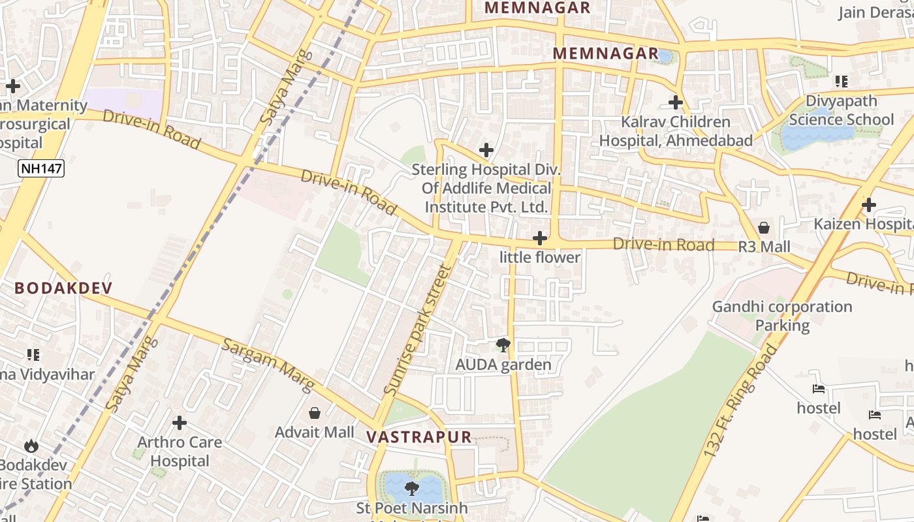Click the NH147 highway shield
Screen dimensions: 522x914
(41, 169)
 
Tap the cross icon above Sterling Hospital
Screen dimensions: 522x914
(486, 150)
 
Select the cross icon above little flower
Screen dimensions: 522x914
(539, 238)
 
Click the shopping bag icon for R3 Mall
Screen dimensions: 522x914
(764, 228)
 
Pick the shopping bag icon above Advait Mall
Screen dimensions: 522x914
(315, 413)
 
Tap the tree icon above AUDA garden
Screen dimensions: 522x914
(503, 345)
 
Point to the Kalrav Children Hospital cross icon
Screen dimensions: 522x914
(676, 102)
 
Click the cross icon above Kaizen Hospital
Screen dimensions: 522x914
(868, 205)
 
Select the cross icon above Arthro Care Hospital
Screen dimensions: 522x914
(180, 423)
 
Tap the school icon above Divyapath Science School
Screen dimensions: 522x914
(841, 82)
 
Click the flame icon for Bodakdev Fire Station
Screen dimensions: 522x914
(31, 446)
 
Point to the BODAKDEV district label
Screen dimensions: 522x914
(63, 288)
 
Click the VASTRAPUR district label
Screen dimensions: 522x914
(418, 437)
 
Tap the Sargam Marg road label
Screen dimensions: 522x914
(268, 365)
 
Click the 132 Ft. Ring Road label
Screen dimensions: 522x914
(742, 401)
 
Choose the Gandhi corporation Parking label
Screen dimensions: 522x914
(782, 316)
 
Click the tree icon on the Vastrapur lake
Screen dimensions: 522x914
(411, 487)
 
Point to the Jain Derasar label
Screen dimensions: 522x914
(875, 12)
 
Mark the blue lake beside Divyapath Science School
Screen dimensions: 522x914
(816, 136)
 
